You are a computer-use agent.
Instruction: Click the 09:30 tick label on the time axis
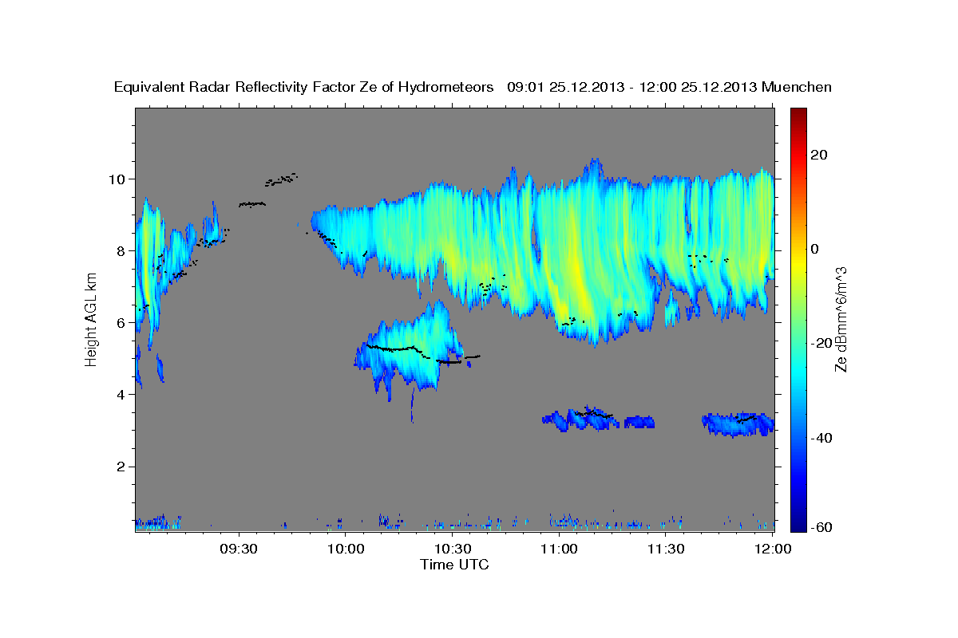click(x=239, y=549)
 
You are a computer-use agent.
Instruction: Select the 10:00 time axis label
click(x=346, y=549)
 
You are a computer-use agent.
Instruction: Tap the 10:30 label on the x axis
click(x=453, y=549)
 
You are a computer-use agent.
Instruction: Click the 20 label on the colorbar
click(x=818, y=155)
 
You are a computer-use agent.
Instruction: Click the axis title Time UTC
click(x=454, y=565)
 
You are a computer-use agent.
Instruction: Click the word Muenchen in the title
click(x=797, y=87)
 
